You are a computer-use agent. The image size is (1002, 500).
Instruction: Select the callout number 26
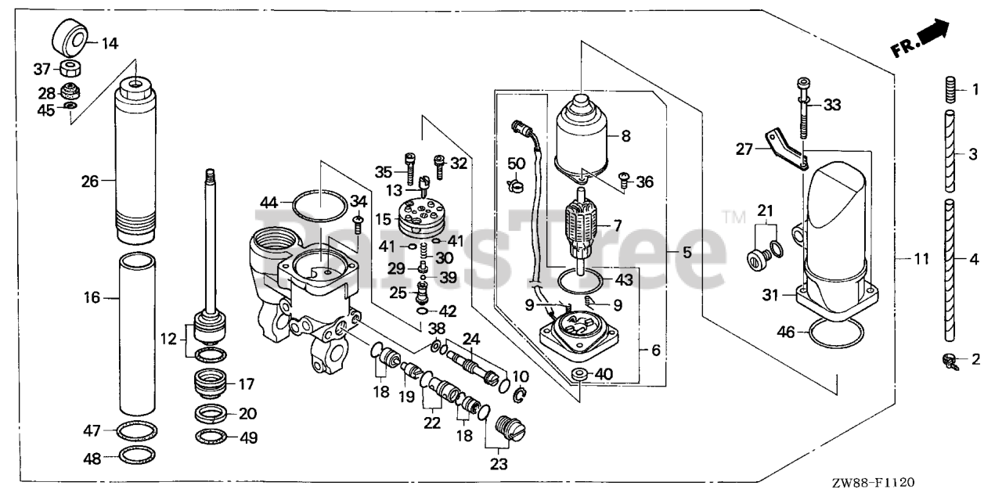coord(90,182)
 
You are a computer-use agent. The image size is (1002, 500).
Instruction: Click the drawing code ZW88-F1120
coord(874,485)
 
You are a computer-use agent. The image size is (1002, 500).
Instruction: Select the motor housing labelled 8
coord(582,135)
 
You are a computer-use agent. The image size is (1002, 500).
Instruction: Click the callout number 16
coord(92,297)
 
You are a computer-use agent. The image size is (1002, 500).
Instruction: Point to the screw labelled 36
coord(625,181)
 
